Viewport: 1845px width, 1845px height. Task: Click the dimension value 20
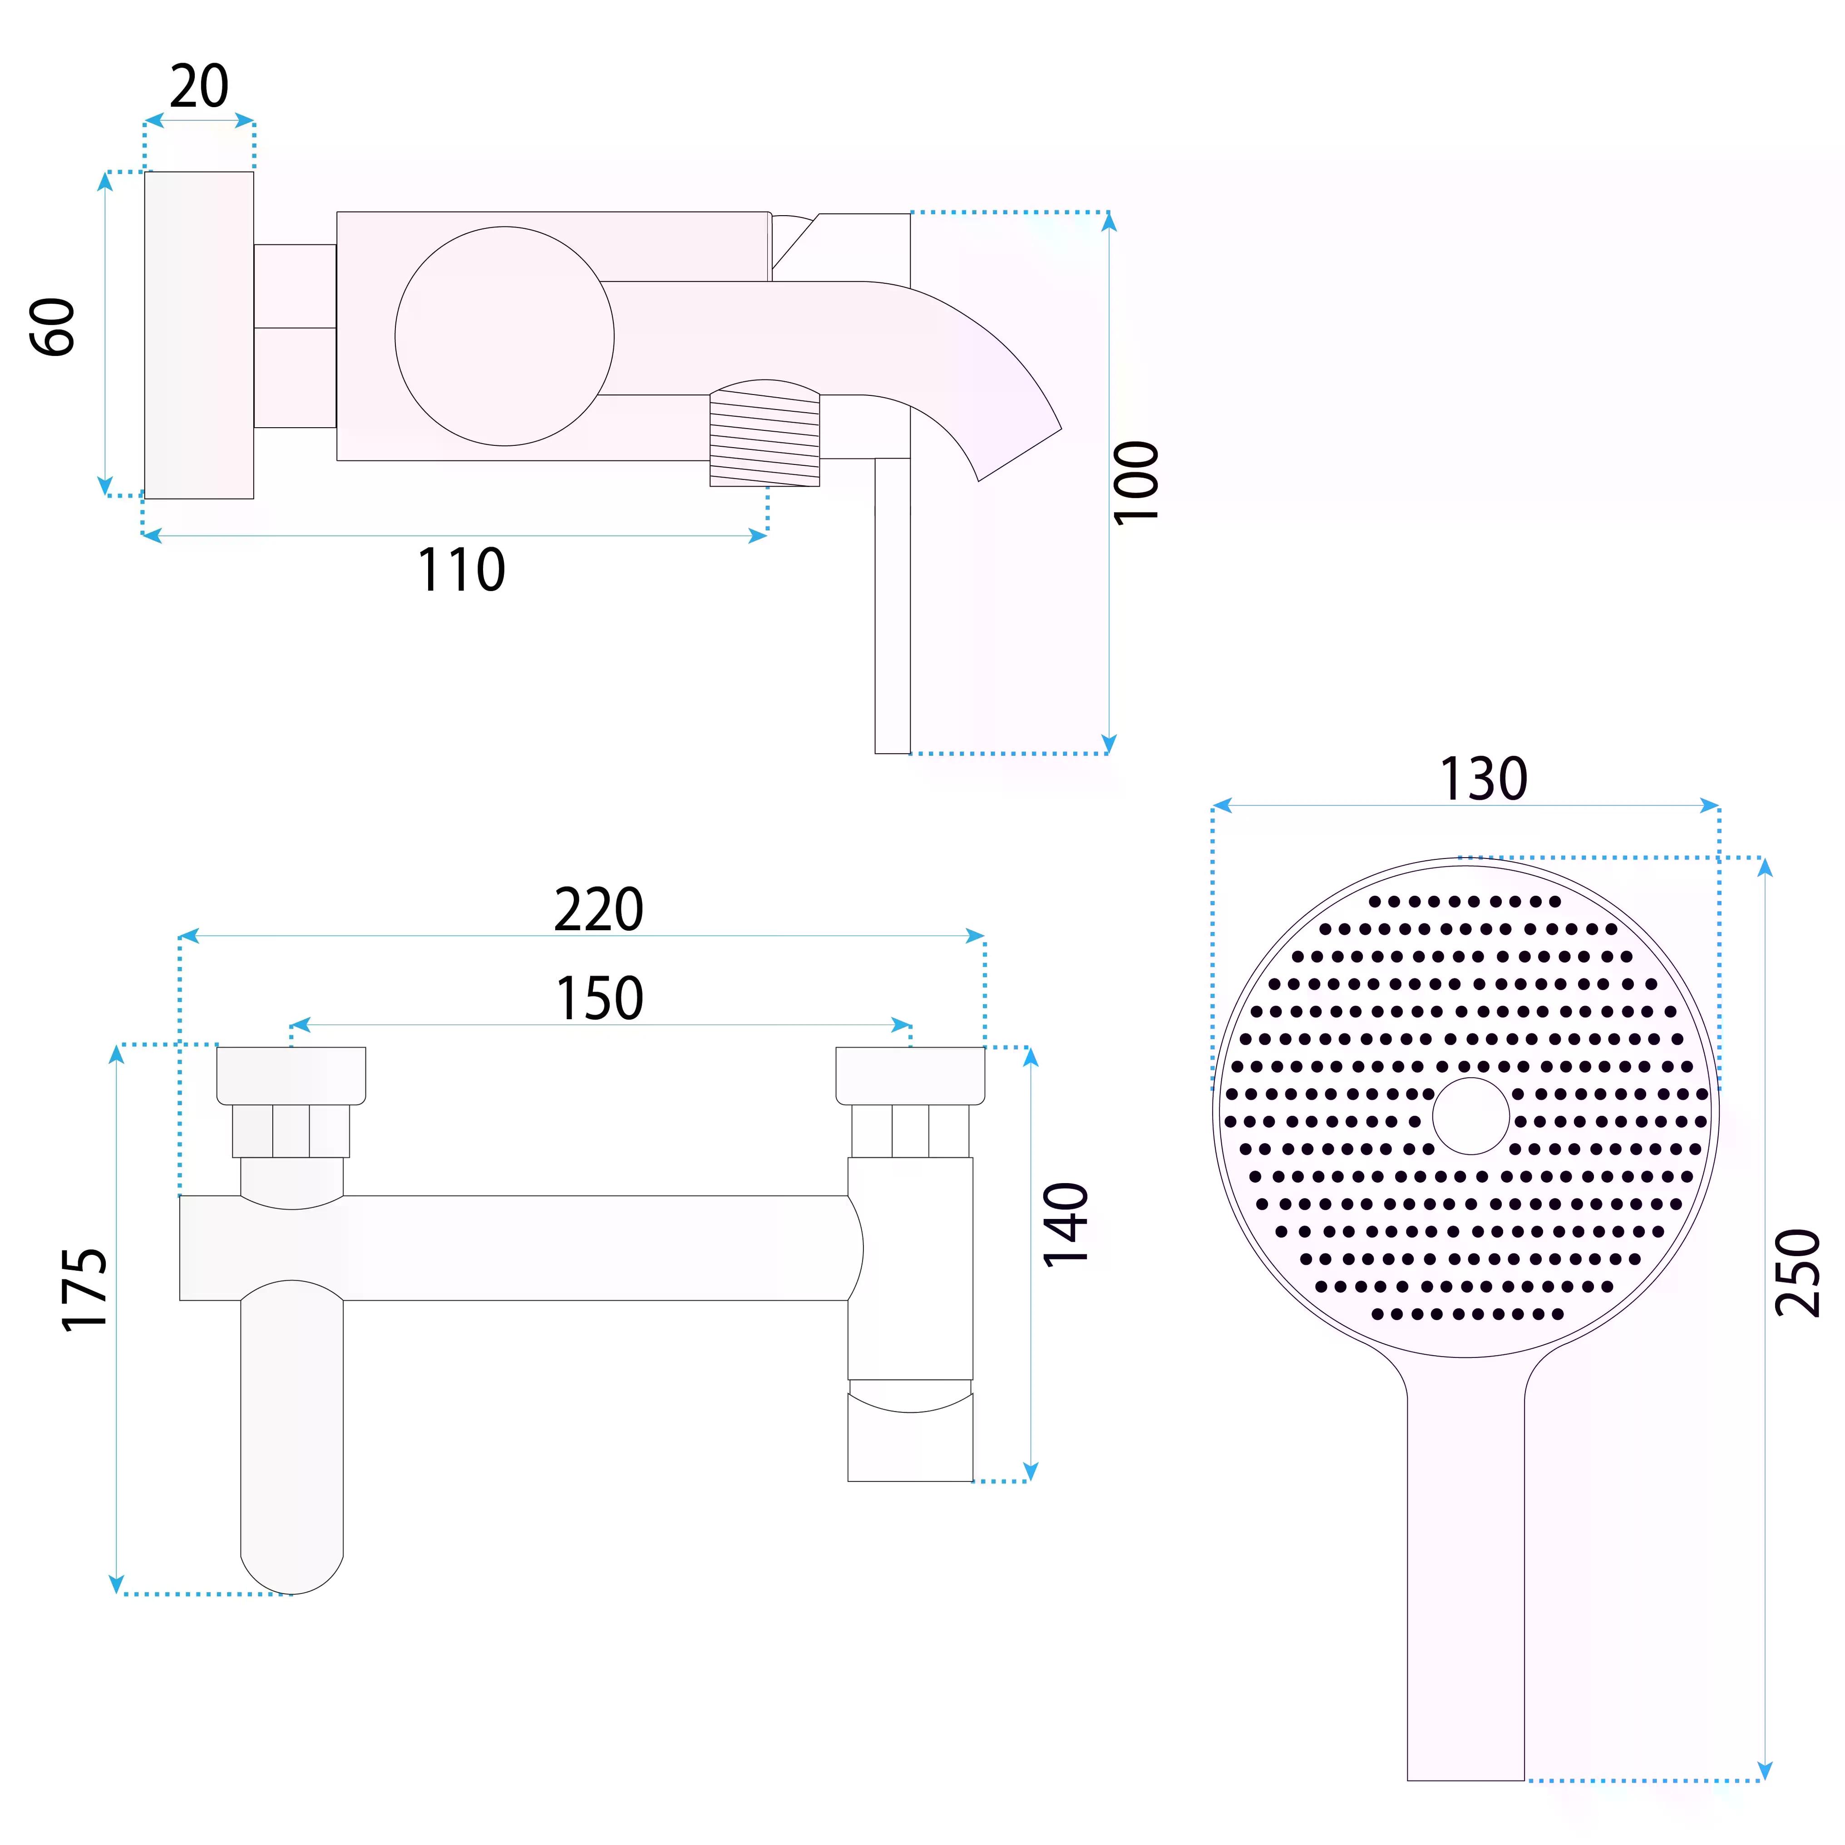pyautogui.click(x=200, y=87)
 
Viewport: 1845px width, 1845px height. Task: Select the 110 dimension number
pyautogui.click(x=461, y=570)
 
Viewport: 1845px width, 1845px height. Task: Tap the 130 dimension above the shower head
pyautogui.click(x=1483, y=779)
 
